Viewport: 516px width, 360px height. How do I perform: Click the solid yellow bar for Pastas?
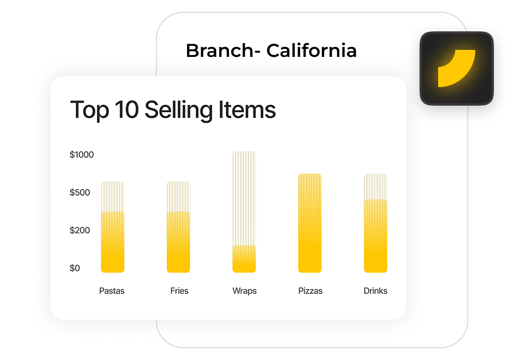point(112,242)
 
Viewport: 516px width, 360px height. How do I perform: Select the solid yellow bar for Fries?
point(178,242)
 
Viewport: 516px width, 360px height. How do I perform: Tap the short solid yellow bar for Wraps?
point(244,259)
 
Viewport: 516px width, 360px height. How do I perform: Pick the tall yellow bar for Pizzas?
point(310,224)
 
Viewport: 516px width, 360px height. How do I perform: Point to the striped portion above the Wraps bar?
point(244,197)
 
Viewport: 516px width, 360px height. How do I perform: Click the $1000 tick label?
point(81,155)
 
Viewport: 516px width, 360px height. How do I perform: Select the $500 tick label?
point(80,192)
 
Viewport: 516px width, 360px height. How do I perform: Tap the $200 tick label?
point(80,231)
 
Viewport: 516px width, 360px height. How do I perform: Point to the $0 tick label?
point(75,268)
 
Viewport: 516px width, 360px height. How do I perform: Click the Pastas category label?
point(112,291)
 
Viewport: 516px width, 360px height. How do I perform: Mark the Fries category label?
point(179,291)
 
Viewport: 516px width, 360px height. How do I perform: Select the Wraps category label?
point(244,291)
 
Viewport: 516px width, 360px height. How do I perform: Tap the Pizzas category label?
point(310,291)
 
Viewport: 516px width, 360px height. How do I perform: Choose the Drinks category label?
point(375,291)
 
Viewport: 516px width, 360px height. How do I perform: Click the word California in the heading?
point(311,51)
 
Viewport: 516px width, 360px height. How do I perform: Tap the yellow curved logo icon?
point(457,68)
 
